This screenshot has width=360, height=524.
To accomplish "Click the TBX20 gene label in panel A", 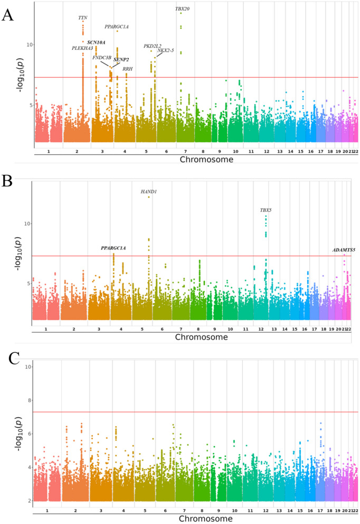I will pyautogui.click(x=183, y=8).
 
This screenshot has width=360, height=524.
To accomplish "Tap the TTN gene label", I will pyautogui.click(x=83, y=17).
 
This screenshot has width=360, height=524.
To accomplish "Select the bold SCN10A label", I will pyautogui.click(x=96, y=42).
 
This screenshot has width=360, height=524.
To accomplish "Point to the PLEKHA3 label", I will pyautogui.click(x=82, y=48).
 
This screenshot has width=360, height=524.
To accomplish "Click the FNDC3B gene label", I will pyautogui.click(x=101, y=57).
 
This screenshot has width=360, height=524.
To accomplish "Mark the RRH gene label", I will pyautogui.click(x=128, y=69).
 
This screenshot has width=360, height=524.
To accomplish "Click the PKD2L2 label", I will pyautogui.click(x=153, y=46).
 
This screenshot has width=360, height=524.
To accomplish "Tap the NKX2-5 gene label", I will pyautogui.click(x=166, y=50).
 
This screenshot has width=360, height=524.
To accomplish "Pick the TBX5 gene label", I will pyautogui.click(x=266, y=210).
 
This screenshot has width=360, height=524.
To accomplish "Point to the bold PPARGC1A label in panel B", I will pyautogui.click(x=113, y=248).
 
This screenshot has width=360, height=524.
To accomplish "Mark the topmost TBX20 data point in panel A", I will pyautogui.click(x=181, y=13).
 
